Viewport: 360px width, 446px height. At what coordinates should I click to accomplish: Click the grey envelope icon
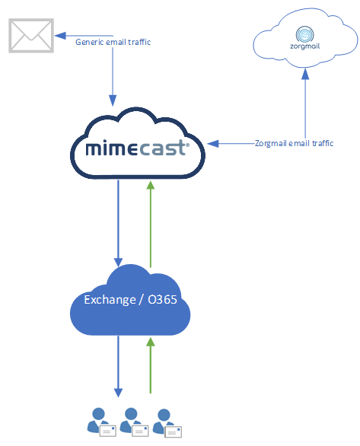tap(30, 35)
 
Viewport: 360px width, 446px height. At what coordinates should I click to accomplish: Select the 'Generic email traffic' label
tap(113, 42)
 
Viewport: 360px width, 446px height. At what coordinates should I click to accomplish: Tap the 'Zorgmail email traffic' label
tap(295, 142)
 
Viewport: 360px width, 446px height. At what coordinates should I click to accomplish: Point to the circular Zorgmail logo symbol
tap(304, 36)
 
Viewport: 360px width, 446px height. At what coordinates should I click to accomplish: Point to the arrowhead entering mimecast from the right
tap(213, 142)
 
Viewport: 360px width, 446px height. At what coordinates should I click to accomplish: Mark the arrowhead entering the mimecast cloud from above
tap(113, 100)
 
